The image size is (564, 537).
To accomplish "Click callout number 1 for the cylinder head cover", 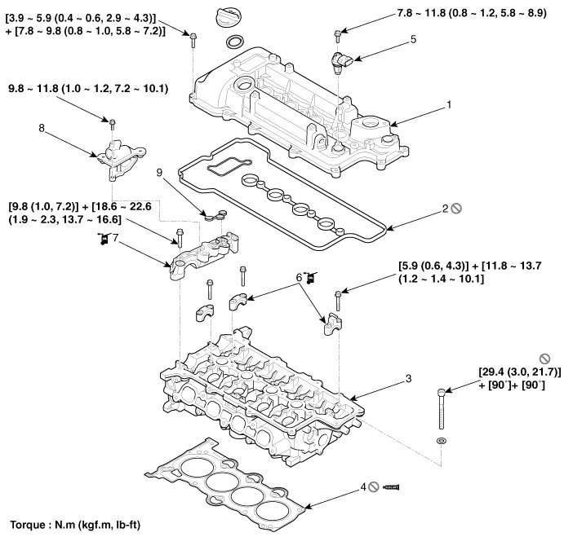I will tap(448, 105).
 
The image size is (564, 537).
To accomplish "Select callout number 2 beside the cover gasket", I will tap(446, 209).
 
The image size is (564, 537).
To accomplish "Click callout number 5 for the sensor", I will tap(413, 38).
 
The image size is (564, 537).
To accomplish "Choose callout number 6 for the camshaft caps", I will tap(300, 279).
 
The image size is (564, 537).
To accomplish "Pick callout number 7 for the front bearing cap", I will tap(116, 238).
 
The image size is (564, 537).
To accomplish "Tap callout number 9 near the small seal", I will tap(161, 172).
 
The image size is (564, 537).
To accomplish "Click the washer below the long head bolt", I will tap(442, 440).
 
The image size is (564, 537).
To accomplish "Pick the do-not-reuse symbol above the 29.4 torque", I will tap(544, 358).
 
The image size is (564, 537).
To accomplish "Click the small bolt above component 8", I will tap(113, 123).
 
